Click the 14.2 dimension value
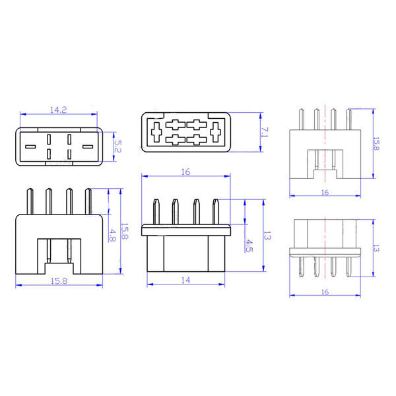tap(58, 110)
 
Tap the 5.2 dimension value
tap(118, 147)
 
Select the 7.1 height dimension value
tap(265, 133)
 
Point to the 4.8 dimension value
tap(113, 236)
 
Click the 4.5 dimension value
tap(249, 246)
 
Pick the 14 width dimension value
tap(185, 280)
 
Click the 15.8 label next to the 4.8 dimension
tap(125, 231)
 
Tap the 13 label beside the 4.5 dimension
tap(267, 235)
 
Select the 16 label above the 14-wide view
tap(185, 172)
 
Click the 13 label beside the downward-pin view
tap(376, 249)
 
